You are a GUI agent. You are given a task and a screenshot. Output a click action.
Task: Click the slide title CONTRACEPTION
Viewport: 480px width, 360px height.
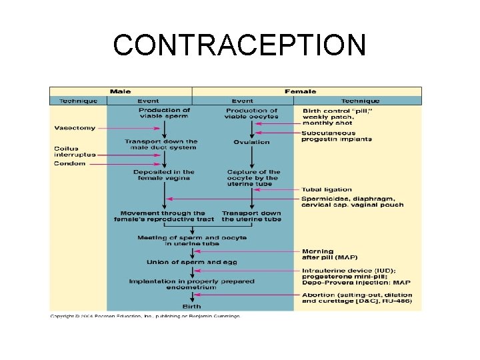pyautogui.click(x=239, y=46)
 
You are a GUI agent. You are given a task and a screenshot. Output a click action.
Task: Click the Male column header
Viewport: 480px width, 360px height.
pyautogui.click(x=120, y=91)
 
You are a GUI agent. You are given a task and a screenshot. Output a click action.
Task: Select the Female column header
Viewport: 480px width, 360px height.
pyautogui.click(x=300, y=91)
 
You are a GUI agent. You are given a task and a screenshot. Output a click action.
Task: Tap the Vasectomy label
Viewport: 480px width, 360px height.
pyautogui.click(x=75, y=128)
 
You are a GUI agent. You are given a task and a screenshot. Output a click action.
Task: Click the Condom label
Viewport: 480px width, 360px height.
pyautogui.click(x=69, y=164)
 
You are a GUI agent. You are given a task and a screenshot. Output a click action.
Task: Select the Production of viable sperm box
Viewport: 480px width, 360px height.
pyautogui.click(x=164, y=113)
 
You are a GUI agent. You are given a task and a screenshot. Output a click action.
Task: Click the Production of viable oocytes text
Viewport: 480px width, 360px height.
pyautogui.click(x=251, y=113)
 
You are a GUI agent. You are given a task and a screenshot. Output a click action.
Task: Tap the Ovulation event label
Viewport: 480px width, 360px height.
pyautogui.click(x=251, y=142)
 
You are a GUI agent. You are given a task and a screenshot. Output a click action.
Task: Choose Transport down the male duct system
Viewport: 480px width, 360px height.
pyautogui.click(x=161, y=145)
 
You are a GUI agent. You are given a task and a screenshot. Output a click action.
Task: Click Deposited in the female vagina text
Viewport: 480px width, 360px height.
pyautogui.click(x=164, y=175)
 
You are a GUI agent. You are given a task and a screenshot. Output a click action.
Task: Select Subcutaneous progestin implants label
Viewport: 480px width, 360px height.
pyautogui.click(x=337, y=136)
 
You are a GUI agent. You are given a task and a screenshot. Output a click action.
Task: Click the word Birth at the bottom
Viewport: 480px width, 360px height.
pyautogui.click(x=192, y=307)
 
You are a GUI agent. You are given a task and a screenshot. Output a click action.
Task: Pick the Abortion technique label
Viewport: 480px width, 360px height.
pyautogui.click(x=357, y=298)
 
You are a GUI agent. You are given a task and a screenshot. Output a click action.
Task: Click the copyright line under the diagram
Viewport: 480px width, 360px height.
pyautogui.click(x=145, y=316)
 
